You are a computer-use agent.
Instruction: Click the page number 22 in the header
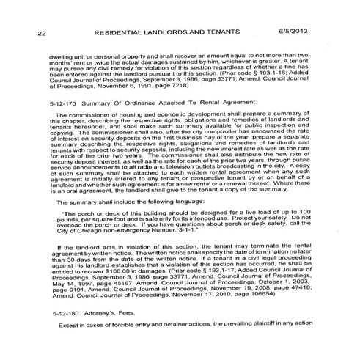[42, 33]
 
